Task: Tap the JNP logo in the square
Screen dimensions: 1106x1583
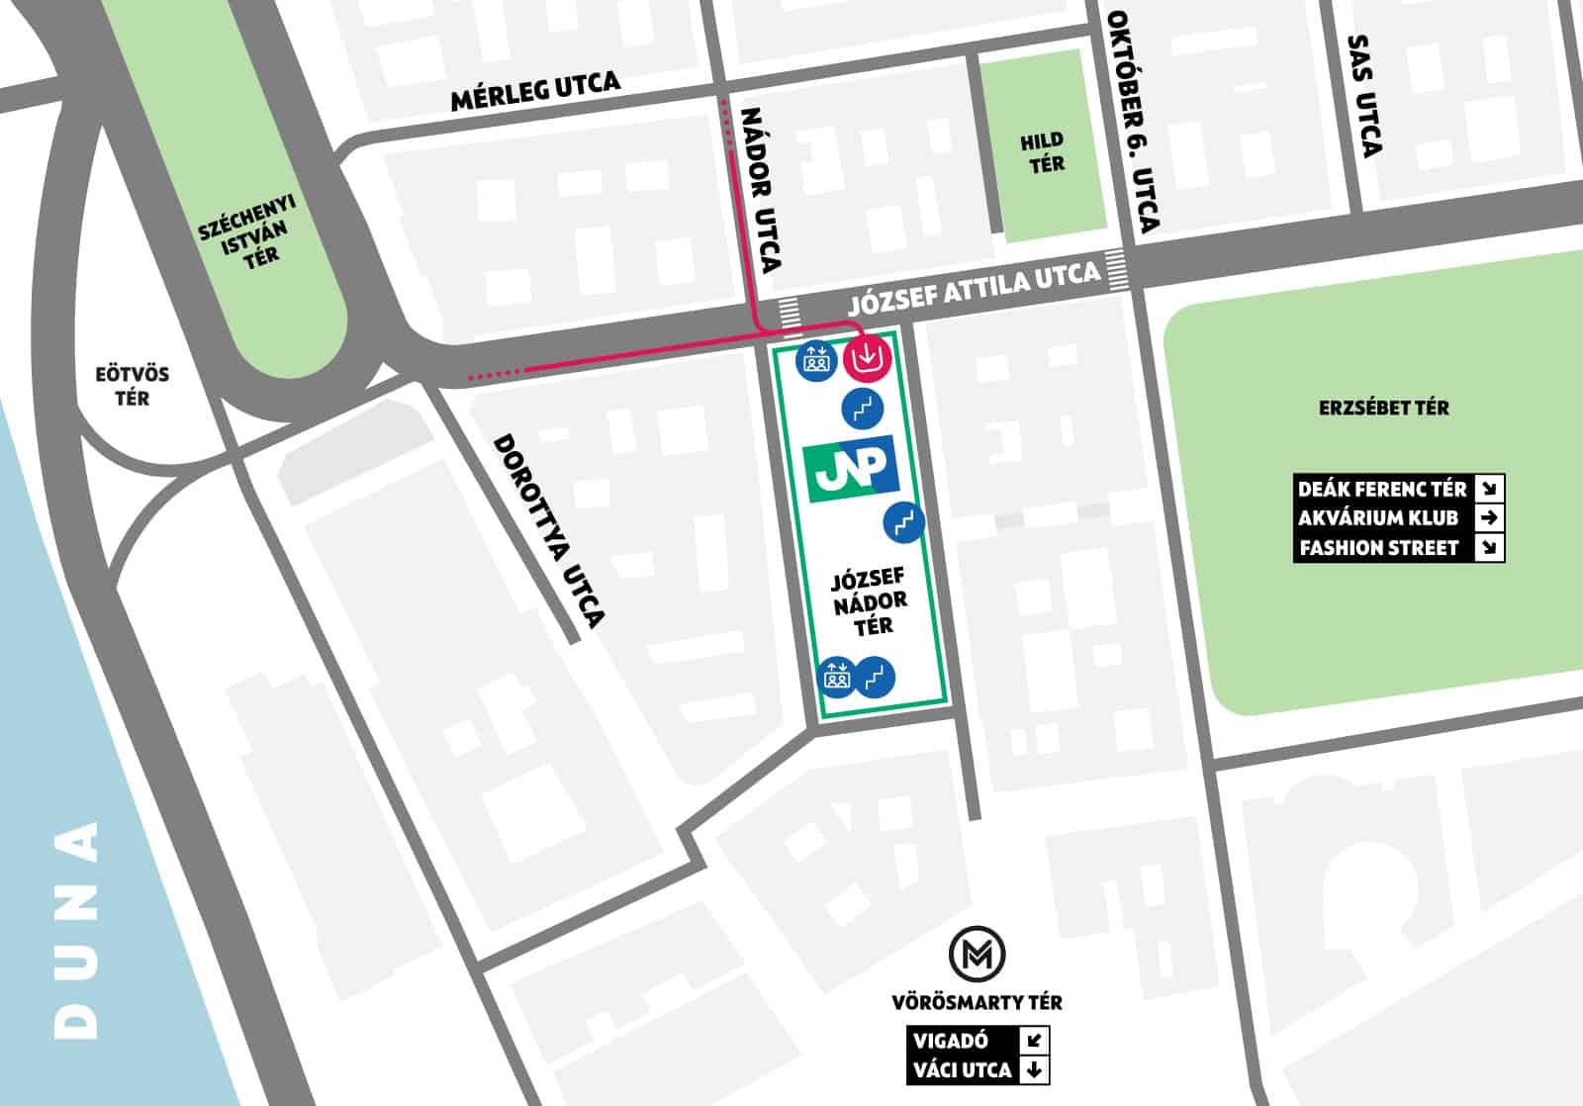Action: point(851,467)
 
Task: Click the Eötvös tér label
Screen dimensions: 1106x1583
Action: point(132,386)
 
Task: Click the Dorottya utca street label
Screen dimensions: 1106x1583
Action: point(548,530)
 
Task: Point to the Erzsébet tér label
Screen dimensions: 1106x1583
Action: point(1383,408)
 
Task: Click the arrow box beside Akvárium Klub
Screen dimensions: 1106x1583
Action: point(1488,517)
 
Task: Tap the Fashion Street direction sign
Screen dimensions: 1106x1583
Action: point(1379,548)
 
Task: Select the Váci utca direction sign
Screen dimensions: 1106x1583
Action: point(962,1069)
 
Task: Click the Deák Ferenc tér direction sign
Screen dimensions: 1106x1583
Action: point(1381,489)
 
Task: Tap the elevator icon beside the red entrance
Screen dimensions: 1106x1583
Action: point(815,359)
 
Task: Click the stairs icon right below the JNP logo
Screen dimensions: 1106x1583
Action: point(903,521)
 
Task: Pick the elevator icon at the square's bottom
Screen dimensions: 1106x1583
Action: point(837,678)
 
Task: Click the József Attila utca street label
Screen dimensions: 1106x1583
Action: point(974,286)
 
